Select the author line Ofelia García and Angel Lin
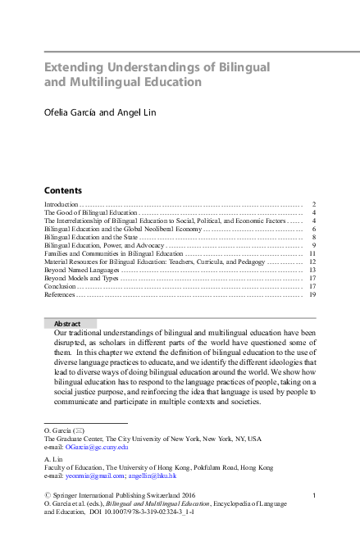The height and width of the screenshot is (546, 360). pyautogui.click(x=101, y=112)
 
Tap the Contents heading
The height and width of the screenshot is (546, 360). pyautogui.click(x=62, y=189)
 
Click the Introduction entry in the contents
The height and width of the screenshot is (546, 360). pyautogui.click(x=62, y=203)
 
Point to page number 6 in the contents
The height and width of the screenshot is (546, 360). pyautogui.click(x=314, y=230)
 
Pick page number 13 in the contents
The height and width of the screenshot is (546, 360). pyautogui.click(x=312, y=270)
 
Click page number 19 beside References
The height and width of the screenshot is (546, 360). pyautogui.click(x=312, y=294)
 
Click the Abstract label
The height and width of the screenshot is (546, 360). pyautogui.click(x=66, y=324)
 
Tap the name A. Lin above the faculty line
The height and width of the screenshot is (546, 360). pyautogui.click(x=52, y=459)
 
